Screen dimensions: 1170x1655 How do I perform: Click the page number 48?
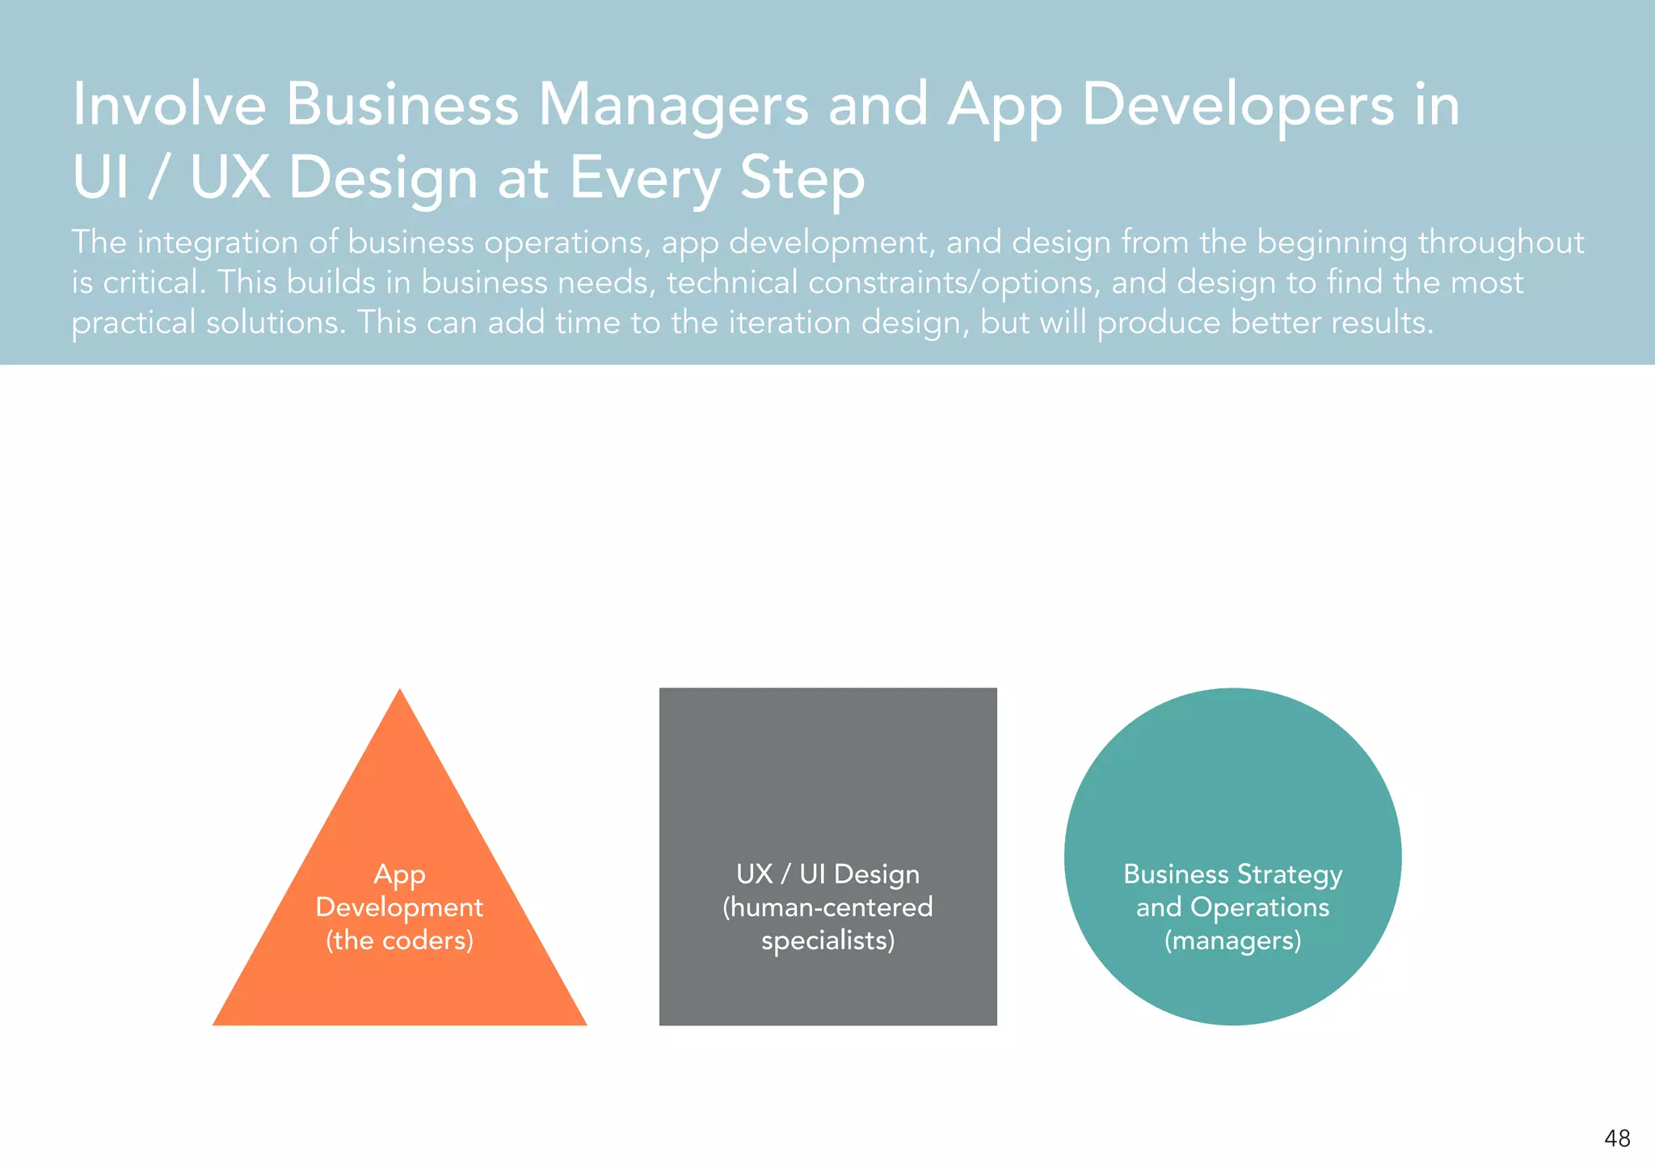click(1617, 1138)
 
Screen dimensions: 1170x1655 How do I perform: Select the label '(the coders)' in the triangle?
click(399, 941)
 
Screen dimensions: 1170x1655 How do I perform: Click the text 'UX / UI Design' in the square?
click(827, 874)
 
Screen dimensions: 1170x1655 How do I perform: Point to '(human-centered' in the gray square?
click(827, 907)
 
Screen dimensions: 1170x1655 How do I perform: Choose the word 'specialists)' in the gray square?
click(827, 941)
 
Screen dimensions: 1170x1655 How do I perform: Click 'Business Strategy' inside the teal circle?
click(1232, 874)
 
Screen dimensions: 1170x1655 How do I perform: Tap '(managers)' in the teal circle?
click(1232, 941)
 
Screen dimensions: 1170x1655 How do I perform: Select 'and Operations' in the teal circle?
click(1232, 907)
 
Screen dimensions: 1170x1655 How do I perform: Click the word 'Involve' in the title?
click(169, 105)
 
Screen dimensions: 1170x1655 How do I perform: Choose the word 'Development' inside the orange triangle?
click(399, 907)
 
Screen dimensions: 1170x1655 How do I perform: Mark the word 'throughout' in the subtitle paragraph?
click(1501, 242)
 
